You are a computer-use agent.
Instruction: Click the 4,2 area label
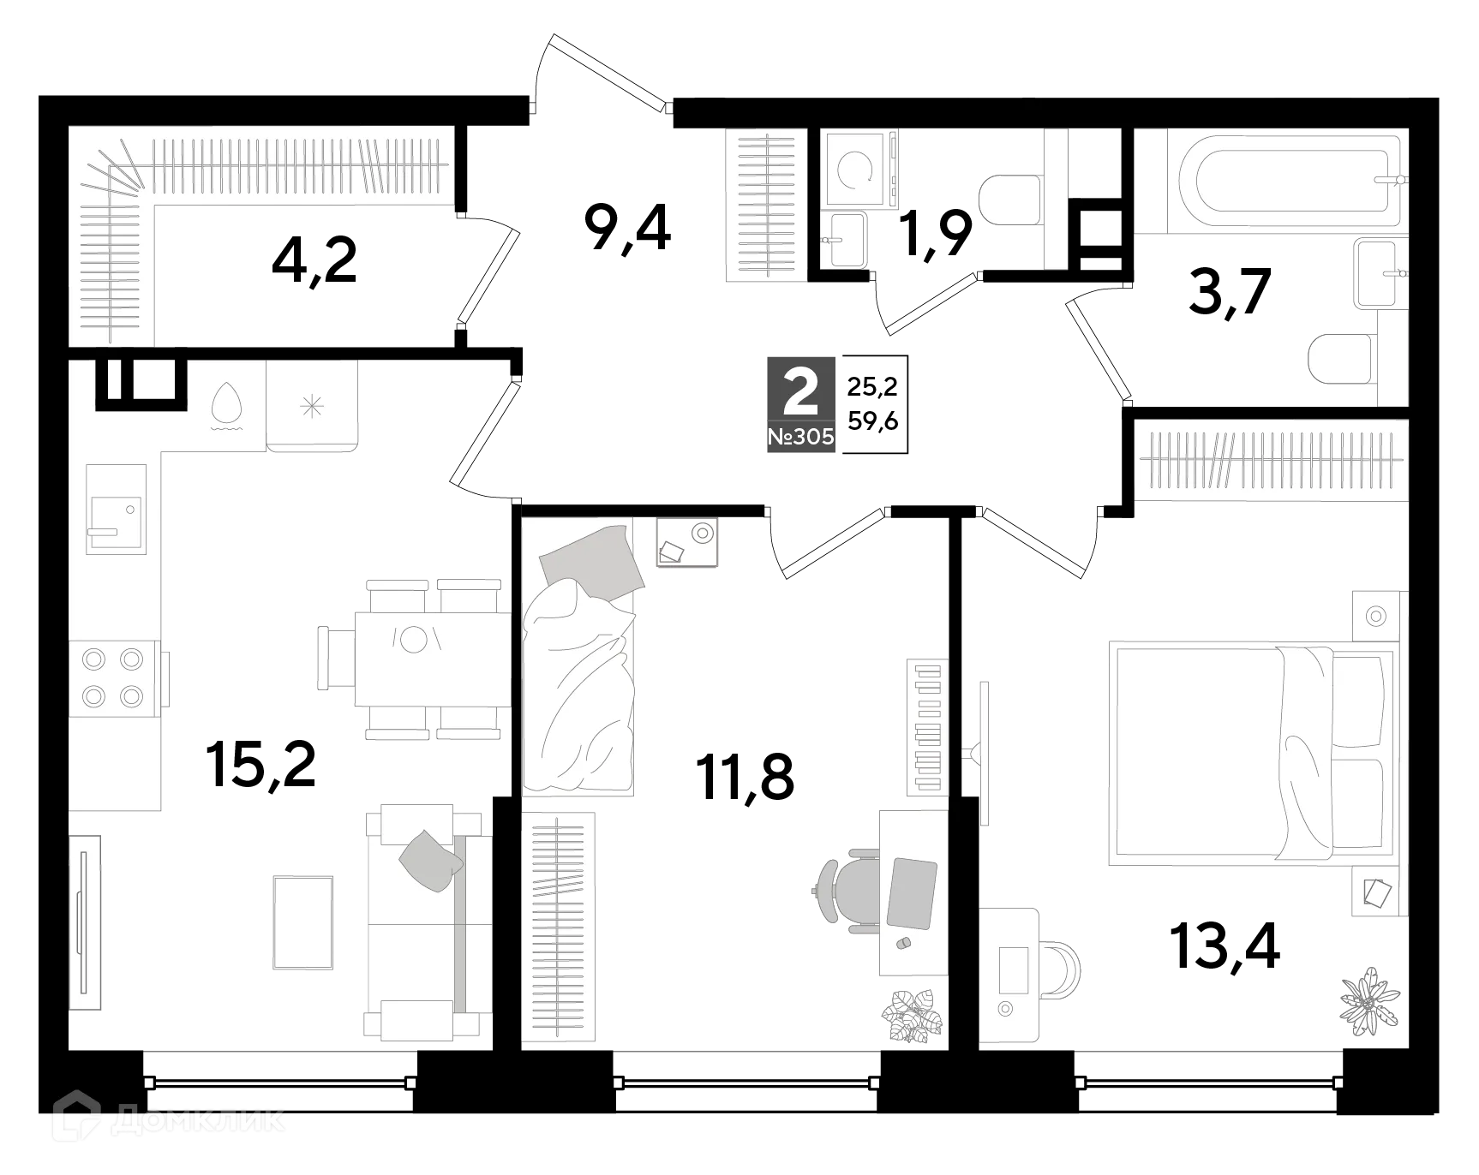(x=314, y=262)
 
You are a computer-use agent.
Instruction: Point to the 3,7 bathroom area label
(x=1228, y=293)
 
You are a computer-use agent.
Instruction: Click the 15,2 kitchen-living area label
(x=260, y=765)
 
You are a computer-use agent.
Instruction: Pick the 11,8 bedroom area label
(x=745, y=778)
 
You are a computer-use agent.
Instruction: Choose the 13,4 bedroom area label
(x=1225, y=947)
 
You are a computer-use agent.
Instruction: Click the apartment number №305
(x=800, y=437)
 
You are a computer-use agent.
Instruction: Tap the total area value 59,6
(x=872, y=420)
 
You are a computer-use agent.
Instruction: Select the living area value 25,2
(x=872, y=387)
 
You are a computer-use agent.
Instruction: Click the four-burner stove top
(x=112, y=677)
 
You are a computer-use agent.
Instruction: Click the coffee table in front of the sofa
(x=303, y=922)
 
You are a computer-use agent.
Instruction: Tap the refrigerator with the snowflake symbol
(x=312, y=406)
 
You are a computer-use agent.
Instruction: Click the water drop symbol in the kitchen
(x=226, y=405)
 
